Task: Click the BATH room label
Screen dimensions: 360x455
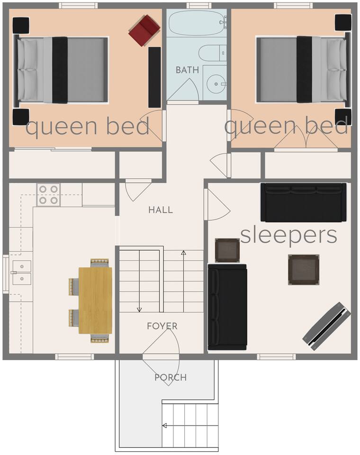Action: (x=188, y=70)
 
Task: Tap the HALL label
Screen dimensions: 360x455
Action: (x=161, y=210)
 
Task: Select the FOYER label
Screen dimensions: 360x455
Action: (x=162, y=326)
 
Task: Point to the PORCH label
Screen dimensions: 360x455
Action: (x=171, y=377)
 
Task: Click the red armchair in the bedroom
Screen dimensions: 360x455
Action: (x=144, y=31)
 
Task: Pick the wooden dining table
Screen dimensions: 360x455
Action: (x=95, y=300)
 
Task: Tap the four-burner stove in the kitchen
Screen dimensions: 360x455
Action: (x=48, y=195)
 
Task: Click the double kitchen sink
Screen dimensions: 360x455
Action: (x=21, y=273)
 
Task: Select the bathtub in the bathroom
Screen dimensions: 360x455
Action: (x=197, y=23)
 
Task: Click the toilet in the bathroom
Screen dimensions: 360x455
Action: (x=212, y=53)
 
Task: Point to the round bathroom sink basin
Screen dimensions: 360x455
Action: (x=216, y=84)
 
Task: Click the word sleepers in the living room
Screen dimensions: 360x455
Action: (x=288, y=236)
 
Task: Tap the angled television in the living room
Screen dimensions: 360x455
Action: (x=327, y=326)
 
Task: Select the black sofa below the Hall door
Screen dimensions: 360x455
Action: (x=227, y=307)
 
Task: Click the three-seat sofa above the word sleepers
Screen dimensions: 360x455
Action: (x=304, y=202)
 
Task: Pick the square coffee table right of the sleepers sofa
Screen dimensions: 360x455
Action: (x=304, y=270)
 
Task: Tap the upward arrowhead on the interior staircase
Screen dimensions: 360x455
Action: (x=183, y=253)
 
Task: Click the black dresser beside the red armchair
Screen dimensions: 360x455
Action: (x=154, y=77)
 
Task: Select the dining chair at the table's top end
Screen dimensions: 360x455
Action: (x=99, y=263)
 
